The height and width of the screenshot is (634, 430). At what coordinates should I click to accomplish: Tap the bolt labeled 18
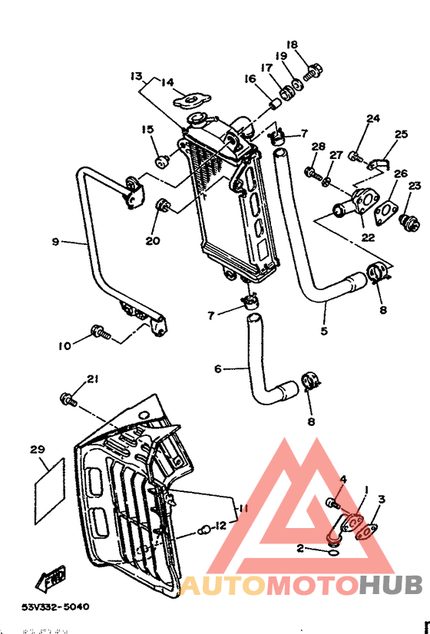coord(313,74)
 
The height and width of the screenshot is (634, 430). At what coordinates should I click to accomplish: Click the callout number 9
coord(55,242)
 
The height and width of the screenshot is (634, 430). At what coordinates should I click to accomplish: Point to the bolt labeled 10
coord(99,332)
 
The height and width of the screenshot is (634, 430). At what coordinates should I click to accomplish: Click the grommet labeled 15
coord(163,160)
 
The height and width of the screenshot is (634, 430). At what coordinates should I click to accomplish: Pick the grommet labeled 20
coord(163,204)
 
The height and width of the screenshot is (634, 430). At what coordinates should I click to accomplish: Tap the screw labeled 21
coord(68,399)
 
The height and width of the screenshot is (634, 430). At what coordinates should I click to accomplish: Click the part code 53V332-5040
coord(55,606)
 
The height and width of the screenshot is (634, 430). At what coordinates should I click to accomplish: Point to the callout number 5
coord(323,332)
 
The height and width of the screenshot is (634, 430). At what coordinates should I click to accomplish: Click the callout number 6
coord(217,369)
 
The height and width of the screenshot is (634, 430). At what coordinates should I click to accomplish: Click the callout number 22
coord(368,237)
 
